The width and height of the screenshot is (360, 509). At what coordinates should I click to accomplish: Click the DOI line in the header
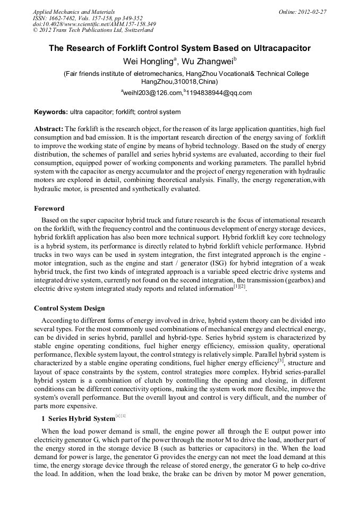pyautogui.click(x=94, y=24)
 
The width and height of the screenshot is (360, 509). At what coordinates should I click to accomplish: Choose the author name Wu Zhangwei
pyautogui.click(x=208, y=61)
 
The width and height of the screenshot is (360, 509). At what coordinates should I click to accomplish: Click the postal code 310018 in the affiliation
pyautogui.click(x=186, y=82)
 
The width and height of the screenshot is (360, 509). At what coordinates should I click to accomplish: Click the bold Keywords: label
pyautogui.click(x=51, y=112)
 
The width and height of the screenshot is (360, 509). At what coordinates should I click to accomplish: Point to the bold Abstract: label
pyautogui.click(x=48, y=129)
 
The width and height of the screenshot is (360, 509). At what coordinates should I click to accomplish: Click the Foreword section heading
pyautogui.click(x=49, y=209)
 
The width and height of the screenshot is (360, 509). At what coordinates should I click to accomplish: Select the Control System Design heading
pyautogui.click(x=69, y=308)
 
